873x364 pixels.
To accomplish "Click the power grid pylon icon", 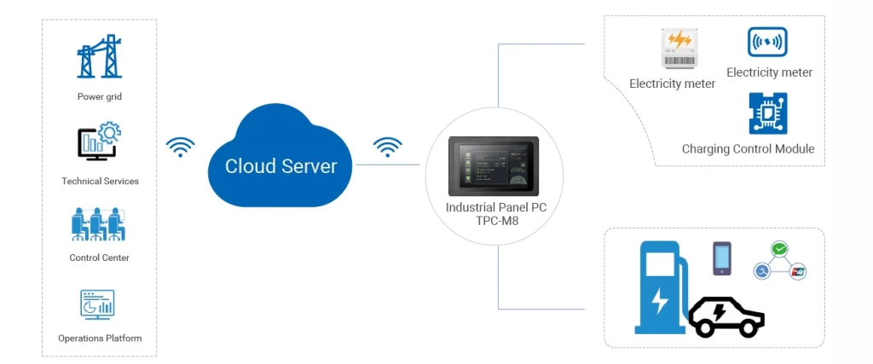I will (100, 57).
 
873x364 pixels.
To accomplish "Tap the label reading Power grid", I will (100, 97).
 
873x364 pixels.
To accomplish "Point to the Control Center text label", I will (100, 257).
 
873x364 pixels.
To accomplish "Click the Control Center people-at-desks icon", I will (100, 223).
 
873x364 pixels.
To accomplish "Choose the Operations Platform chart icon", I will (97, 304).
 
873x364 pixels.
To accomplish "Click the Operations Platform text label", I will (100, 338).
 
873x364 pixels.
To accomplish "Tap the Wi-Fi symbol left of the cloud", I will (180, 147).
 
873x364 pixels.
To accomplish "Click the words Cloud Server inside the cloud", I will (281, 166).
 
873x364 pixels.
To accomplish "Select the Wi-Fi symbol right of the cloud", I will (388, 147).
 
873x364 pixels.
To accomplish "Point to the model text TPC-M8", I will (494, 221).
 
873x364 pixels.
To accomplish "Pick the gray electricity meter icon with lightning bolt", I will (679, 49).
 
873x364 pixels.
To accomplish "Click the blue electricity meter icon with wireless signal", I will (767, 42).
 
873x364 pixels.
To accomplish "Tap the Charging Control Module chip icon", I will (767, 114).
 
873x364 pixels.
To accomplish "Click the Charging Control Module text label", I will (748, 149).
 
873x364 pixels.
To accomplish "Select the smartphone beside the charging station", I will (722, 258).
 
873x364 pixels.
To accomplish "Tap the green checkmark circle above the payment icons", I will (779, 249).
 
